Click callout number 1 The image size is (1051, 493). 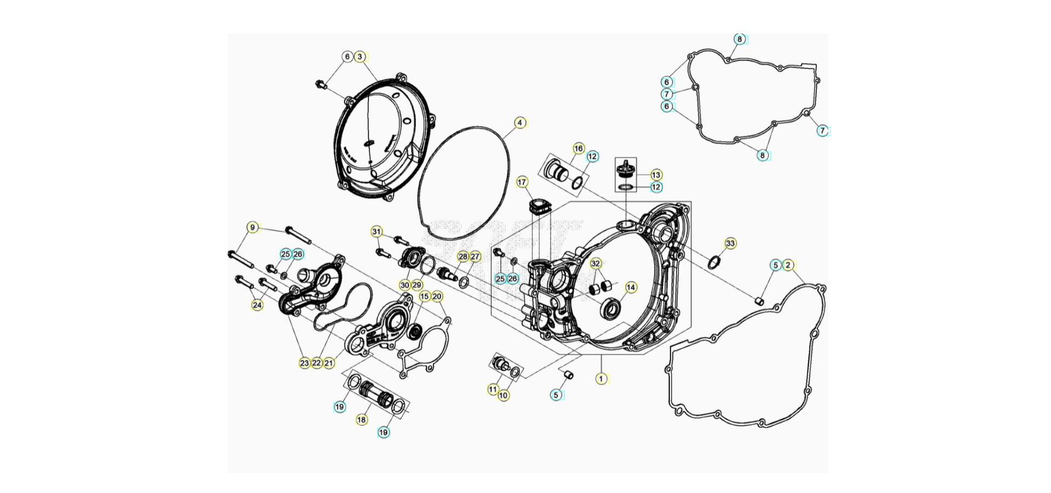coord(600,379)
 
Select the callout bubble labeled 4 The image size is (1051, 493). coord(519,123)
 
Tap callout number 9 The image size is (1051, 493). coord(252,228)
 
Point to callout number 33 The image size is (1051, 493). coord(730,243)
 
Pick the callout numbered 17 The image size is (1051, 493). coord(522,182)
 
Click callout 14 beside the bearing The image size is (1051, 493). coord(631,287)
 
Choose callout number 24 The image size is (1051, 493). coord(257,305)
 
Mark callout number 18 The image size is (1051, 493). coord(361,420)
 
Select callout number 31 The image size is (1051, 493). coord(376,232)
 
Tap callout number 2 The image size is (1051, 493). coord(788,265)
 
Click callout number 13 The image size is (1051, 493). coord(656,175)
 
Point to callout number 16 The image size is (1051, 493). coord(579,148)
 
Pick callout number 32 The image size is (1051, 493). coord(596,263)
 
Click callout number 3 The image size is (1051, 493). coord(360,56)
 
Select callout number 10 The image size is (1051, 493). coord(503,395)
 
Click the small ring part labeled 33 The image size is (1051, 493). coord(714,262)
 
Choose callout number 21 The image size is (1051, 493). coord(328,363)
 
